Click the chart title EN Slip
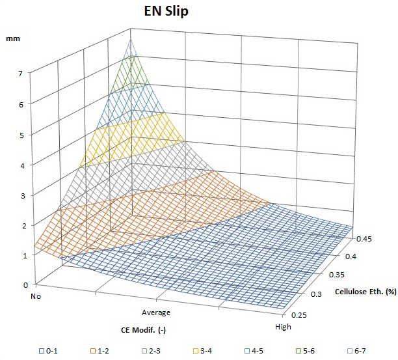tap(166, 13)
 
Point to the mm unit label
tap(13, 39)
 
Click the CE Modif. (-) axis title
tap(144, 330)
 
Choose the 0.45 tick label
tap(364, 238)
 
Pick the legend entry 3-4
tap(202, 352)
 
